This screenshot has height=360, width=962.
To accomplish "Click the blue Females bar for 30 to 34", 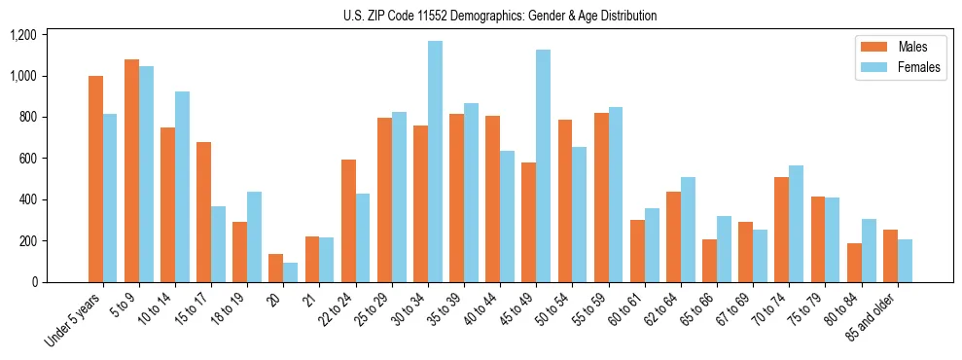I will (435, 162).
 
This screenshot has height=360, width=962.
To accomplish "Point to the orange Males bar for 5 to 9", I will (132, 170).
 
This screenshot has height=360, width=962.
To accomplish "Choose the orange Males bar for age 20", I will (276, 268).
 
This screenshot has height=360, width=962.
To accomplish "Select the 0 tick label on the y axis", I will (34, 282).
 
